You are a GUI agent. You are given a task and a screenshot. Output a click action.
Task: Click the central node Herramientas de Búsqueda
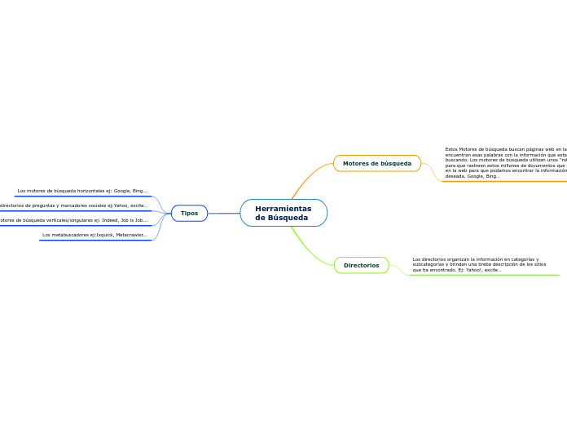(283, 213)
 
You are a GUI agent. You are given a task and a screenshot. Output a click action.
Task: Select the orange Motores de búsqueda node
(376, 163)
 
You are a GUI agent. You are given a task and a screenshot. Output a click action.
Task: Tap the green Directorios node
(361, 265)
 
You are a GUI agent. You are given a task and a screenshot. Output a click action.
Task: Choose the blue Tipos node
(189, 213)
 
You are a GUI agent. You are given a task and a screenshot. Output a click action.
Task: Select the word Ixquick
(104, 235)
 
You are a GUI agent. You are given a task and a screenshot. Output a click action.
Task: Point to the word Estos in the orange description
(451, 149)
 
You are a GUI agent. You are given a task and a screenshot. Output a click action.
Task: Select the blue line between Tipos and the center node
(224, 214)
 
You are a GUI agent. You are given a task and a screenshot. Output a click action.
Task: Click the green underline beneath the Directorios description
(489, 275)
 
